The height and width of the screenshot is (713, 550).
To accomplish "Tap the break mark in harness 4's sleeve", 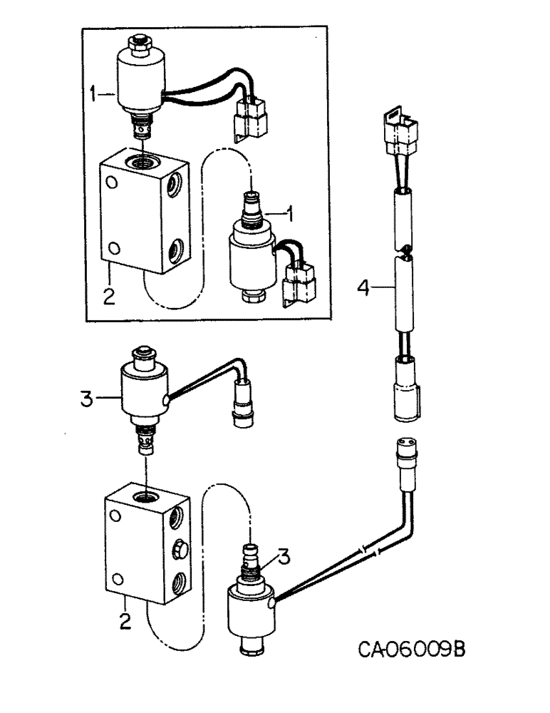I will tap(404, 249).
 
